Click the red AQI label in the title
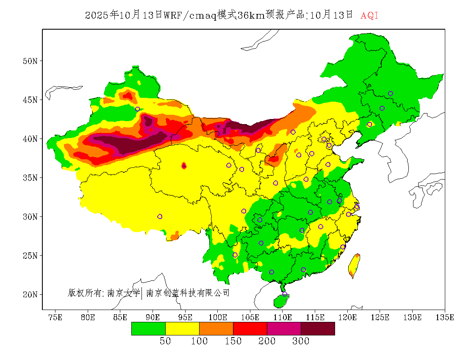click(x=369, y=16)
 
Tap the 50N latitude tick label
click(x=30, y=61)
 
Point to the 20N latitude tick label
click(x=30, y=294)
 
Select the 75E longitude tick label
click(x=55, y=317)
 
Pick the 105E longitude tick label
click(x=250, y=317)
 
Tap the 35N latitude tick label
click(x=30, y=178)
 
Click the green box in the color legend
click(x=148, y=328)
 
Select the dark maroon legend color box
click(x=318, y=328)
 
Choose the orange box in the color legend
click(x=216, y=328)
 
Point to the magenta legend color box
click(x=284, y=328)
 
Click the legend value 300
click(x=301, y=341)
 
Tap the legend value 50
click(x=165, y=341)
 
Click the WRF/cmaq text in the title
click(x=189, y=16)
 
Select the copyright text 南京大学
click(x=123, y=293)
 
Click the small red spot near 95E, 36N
click(x=184, y=166)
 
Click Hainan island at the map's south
click(x=280, y=301)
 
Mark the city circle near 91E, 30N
click(x=160, y=216)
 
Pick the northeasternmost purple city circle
click(x=391, y=94)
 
